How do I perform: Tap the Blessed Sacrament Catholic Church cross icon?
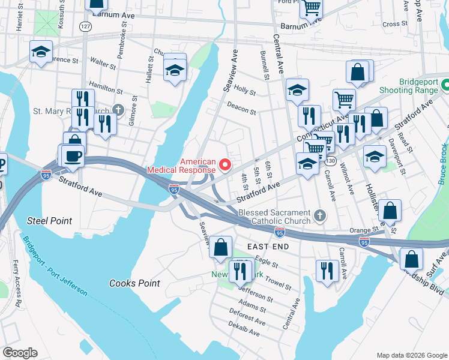321,215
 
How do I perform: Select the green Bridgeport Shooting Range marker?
445,86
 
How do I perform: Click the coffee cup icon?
73,155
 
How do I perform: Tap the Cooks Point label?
134,283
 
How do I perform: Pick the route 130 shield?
330,161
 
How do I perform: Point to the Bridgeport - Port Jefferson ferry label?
55,266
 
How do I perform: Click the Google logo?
20,353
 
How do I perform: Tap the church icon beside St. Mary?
118,110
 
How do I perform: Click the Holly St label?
245,91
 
